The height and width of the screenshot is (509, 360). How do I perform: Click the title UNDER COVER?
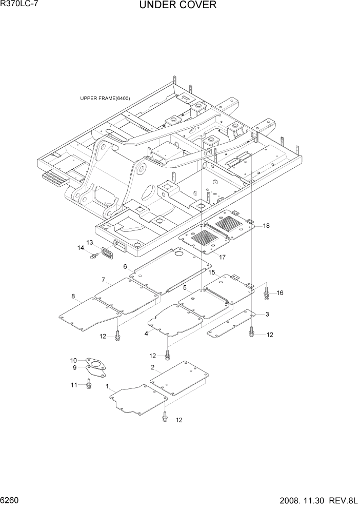(x=177, y=6)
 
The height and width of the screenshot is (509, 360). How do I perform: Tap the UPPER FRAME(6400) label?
(x=105, y=99)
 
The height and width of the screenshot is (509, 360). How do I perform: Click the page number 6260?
(x=11, y=499)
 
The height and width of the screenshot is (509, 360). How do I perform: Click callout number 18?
(x=266, y=225)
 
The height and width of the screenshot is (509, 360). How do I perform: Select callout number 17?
(x=223, y=257)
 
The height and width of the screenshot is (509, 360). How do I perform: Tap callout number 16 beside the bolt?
(x=280, y=293)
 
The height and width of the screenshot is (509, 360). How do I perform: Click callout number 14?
(x=81, y=248)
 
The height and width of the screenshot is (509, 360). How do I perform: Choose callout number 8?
(x=73, y=296)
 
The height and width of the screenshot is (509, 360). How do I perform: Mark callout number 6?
(x=125, y=266)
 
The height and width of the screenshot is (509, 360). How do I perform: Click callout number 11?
(x=73, y=385)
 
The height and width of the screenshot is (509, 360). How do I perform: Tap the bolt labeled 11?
(x=89, y=383)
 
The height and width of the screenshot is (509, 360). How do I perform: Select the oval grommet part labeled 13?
(x=108, y=254)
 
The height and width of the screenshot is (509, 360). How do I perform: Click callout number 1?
(x=107, y=385)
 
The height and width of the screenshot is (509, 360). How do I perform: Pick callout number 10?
(x=73, y=360)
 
